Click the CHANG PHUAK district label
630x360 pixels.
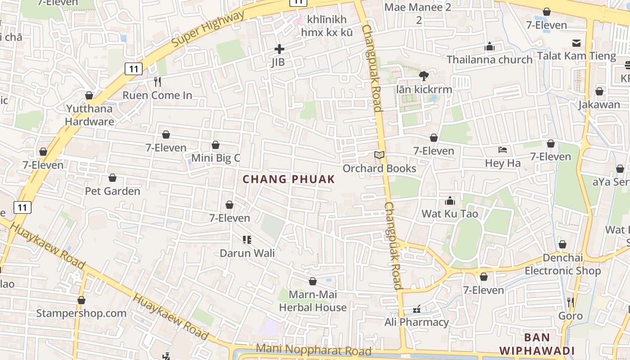tap(289, 179)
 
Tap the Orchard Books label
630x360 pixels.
tap(379, 168)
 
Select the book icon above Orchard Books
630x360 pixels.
tap(379, 155)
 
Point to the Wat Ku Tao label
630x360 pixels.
tap(450, 214)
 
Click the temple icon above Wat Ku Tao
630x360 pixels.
tap(450, 201)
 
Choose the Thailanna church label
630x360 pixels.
tap(490, 59)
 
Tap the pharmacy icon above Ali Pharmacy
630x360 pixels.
tap(417, 309)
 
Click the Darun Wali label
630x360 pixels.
tap(247, 253)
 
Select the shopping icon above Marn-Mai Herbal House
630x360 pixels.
tap(313, 281)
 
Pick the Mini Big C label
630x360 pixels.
tap(216, 158)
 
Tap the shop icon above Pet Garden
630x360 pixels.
tap(112, 178)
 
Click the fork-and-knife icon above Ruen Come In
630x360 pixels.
tap(157, 82)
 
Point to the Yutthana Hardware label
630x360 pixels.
tap(89, 115)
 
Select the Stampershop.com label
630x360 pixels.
tap(81, 313)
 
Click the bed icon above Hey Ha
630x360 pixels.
tap(503, 150)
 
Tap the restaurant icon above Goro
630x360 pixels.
tap(570, 302)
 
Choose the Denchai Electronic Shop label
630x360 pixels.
tap(562, 264)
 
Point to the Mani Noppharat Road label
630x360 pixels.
tap(314, 349)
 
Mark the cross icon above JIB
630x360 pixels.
tap(279, 49)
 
